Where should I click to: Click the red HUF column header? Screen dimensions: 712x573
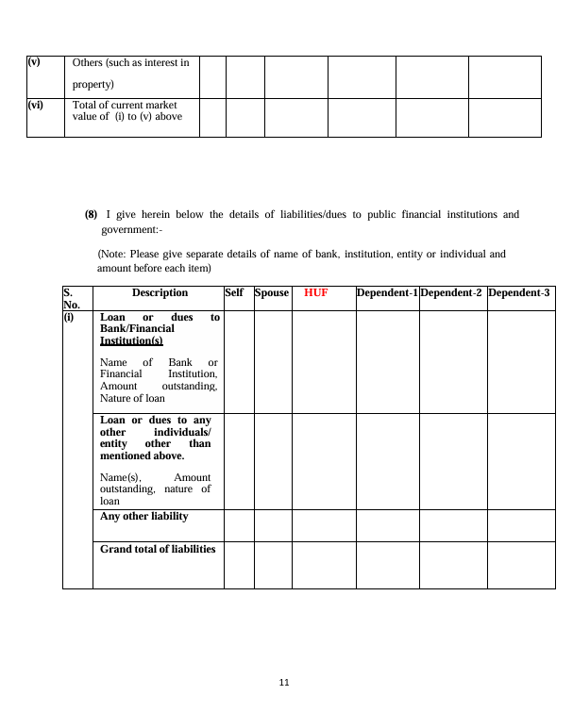click(315, 293)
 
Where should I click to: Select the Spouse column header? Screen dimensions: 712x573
click(272, 293)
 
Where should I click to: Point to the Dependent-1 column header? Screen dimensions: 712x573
click(387, 293)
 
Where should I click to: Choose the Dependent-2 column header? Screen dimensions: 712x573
click(452, 293)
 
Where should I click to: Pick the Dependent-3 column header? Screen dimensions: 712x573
click(519, 293)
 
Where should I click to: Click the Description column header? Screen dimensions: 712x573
click(160, 293)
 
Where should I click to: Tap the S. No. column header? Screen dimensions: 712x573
click(73, 299)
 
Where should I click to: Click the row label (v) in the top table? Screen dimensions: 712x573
click(34, 62)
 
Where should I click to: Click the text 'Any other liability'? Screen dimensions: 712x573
click(144, 517)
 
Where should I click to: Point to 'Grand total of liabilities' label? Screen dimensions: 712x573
click(158, 549)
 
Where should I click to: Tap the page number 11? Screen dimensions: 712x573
click(284, 683)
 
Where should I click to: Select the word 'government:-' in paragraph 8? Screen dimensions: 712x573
click(132, 229)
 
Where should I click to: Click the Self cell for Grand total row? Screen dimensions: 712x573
click(239, 565)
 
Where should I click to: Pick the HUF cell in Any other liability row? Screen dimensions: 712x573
click(324, 525)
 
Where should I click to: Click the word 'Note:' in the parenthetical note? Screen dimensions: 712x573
click(115, 255)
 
